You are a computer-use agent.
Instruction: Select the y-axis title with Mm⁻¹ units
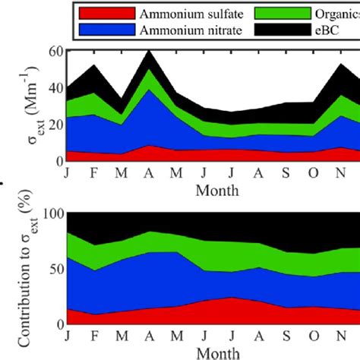(x=28, y=106)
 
